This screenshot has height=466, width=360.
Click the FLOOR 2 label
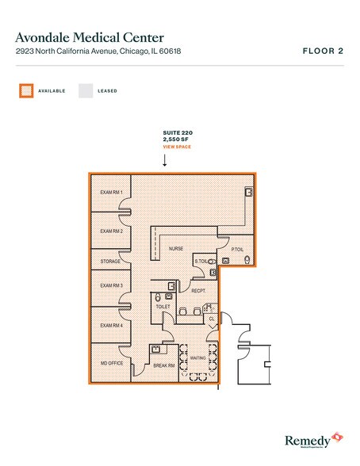point(323,51)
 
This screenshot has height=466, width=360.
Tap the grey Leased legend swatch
point(85,91)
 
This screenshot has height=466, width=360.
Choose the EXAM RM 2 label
point(111,231)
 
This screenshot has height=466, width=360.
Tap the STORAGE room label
point(110,261)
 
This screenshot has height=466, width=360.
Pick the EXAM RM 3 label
point(111,285)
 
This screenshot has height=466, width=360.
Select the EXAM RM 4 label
point(111,325)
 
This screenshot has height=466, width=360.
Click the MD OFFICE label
point(111,363)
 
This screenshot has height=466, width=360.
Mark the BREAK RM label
point(164,365)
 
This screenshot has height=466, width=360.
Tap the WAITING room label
point(199,358)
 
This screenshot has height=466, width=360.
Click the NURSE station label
point(175,249)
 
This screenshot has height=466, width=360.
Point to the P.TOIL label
point(237,250)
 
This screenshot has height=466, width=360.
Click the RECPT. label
point(199,291)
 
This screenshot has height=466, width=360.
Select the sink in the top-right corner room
point(249,192)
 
